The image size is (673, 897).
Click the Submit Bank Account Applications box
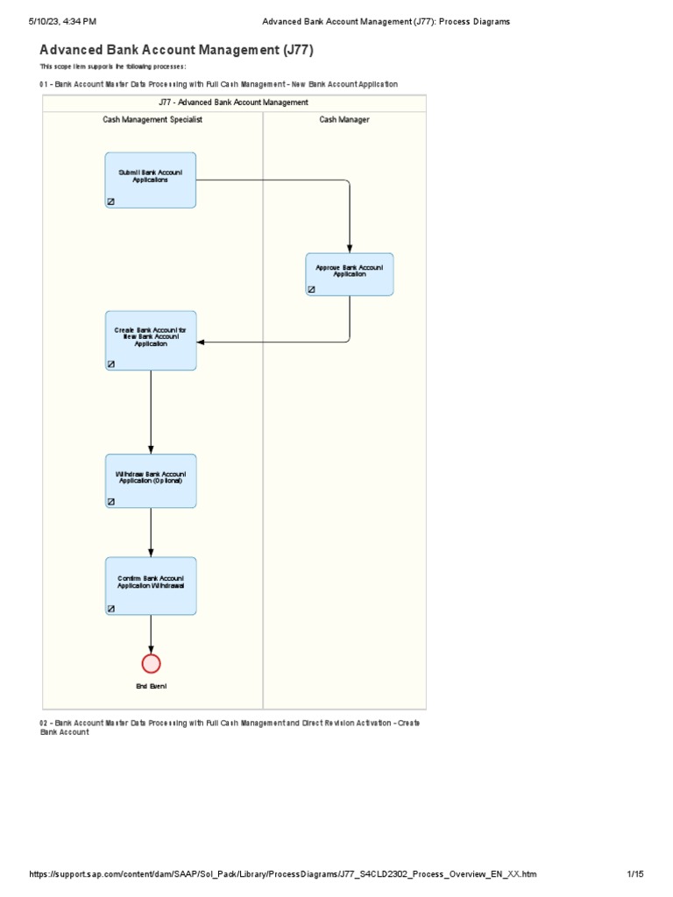151,180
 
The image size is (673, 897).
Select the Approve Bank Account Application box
350,273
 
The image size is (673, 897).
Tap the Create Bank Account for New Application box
151,340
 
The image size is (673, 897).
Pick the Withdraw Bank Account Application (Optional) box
151,480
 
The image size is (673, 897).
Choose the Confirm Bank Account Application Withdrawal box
151,585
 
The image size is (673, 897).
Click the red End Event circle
151,663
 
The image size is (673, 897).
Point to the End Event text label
151,686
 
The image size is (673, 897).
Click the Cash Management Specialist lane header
152,119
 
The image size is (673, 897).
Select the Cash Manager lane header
344,119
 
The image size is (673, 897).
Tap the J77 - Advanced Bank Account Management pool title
234,102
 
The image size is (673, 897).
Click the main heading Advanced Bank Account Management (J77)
176,50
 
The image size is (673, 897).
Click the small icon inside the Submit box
111,201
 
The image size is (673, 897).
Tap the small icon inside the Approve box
311,289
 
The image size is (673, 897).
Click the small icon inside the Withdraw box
111,502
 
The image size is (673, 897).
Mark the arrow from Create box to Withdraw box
151,412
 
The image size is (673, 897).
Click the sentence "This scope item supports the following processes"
113,67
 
